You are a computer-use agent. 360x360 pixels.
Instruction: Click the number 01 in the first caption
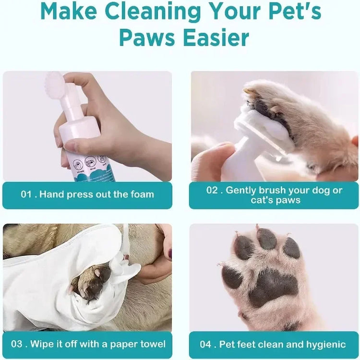point(27,194)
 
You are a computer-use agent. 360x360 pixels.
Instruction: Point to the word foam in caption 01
point(142,194)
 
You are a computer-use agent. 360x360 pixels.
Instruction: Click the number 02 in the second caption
point(213,190)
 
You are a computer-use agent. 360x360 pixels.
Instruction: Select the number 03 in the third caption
point(17,344)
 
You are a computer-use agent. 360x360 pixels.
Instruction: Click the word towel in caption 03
point(153,344)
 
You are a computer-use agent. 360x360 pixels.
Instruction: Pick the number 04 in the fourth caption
point(207,344)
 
